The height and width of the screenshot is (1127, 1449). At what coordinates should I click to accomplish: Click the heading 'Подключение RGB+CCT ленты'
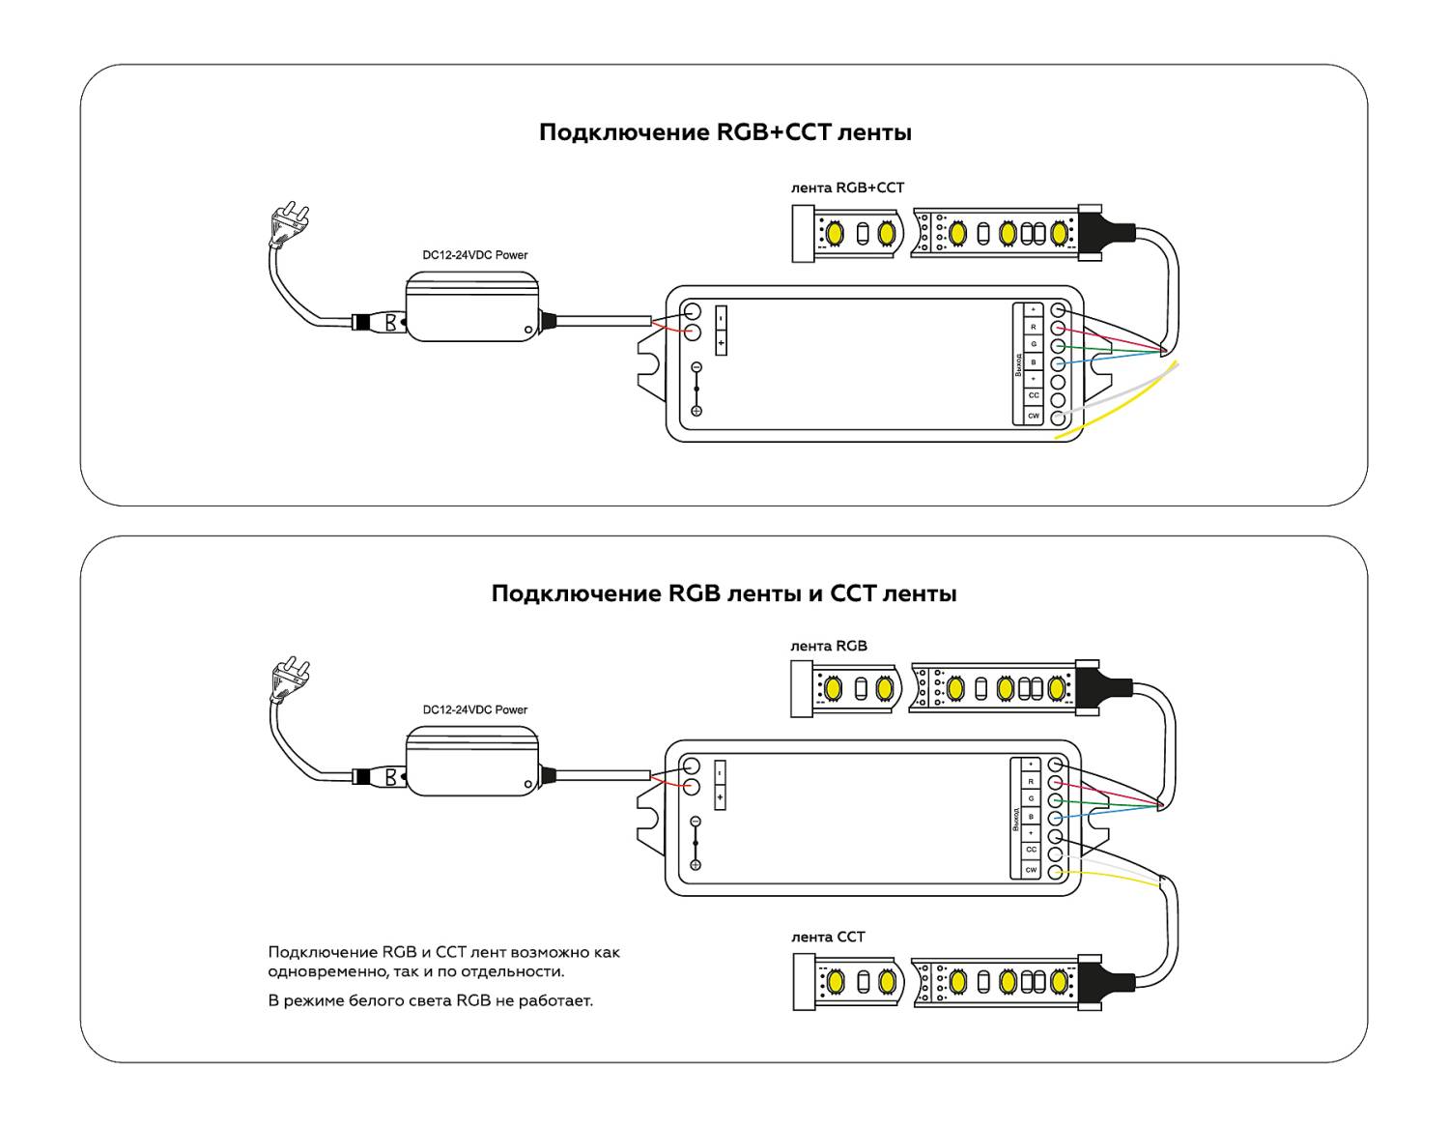(724, 132)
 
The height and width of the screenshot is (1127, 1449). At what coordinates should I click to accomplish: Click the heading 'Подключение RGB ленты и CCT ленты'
(724, 592)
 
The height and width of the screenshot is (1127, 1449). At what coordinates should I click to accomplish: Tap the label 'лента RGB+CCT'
(847, 188)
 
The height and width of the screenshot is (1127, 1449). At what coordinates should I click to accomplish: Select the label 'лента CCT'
(828, 937)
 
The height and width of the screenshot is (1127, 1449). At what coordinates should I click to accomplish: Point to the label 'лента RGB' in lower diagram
(828, 646)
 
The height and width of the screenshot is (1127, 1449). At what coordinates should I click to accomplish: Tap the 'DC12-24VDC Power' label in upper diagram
(475, 255)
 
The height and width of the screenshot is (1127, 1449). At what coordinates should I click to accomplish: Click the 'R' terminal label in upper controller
(1033, 327)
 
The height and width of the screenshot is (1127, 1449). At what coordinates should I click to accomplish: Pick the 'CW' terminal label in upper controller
(1033, 416)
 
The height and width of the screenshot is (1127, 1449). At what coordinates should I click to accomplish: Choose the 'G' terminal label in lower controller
(1031, 799)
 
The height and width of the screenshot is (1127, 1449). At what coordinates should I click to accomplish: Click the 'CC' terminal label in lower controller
(1031, 850)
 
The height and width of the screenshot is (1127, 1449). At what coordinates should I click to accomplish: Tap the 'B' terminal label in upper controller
(1033, 362)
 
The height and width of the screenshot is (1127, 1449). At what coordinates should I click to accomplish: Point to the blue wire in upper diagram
(1111, 358)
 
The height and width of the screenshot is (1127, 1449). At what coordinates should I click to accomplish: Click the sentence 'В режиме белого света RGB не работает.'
(430, 1000)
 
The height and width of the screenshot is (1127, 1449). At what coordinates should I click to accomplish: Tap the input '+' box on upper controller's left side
(721, 343)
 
